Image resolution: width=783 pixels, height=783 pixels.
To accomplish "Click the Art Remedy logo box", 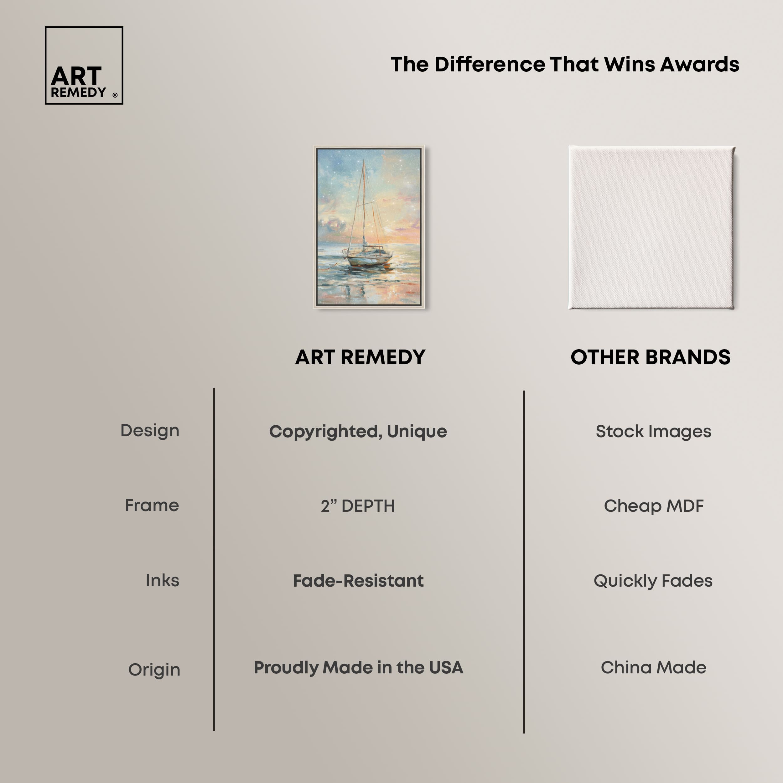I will click(x=84, y=65).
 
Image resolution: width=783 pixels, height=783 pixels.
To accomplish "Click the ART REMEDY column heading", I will click(x=360, y=357).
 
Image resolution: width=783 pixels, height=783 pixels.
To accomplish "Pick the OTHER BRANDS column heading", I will click(x=650, y=357).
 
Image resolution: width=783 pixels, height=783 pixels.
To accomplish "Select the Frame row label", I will click(x=152, y=506).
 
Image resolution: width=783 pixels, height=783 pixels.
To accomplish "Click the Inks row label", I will click(x=162, y=580).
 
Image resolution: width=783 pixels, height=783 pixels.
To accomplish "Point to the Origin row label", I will click(x=154, y=670).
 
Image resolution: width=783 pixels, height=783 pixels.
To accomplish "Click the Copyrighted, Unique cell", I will click(x=358, y=432).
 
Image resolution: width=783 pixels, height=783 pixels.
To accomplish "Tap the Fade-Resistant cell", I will click(x=358, y=581).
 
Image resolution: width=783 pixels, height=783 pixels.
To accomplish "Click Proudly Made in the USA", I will click(x=358, y=667).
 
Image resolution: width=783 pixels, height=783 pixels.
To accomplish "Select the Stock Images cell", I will click(x=653, y=432).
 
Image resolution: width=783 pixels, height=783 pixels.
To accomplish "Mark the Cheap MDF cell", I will click(x=653, y=506).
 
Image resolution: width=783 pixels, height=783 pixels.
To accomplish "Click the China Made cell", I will click(x=653, y=667).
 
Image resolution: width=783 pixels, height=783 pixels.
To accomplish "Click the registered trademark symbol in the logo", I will click(x=115, y=95).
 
